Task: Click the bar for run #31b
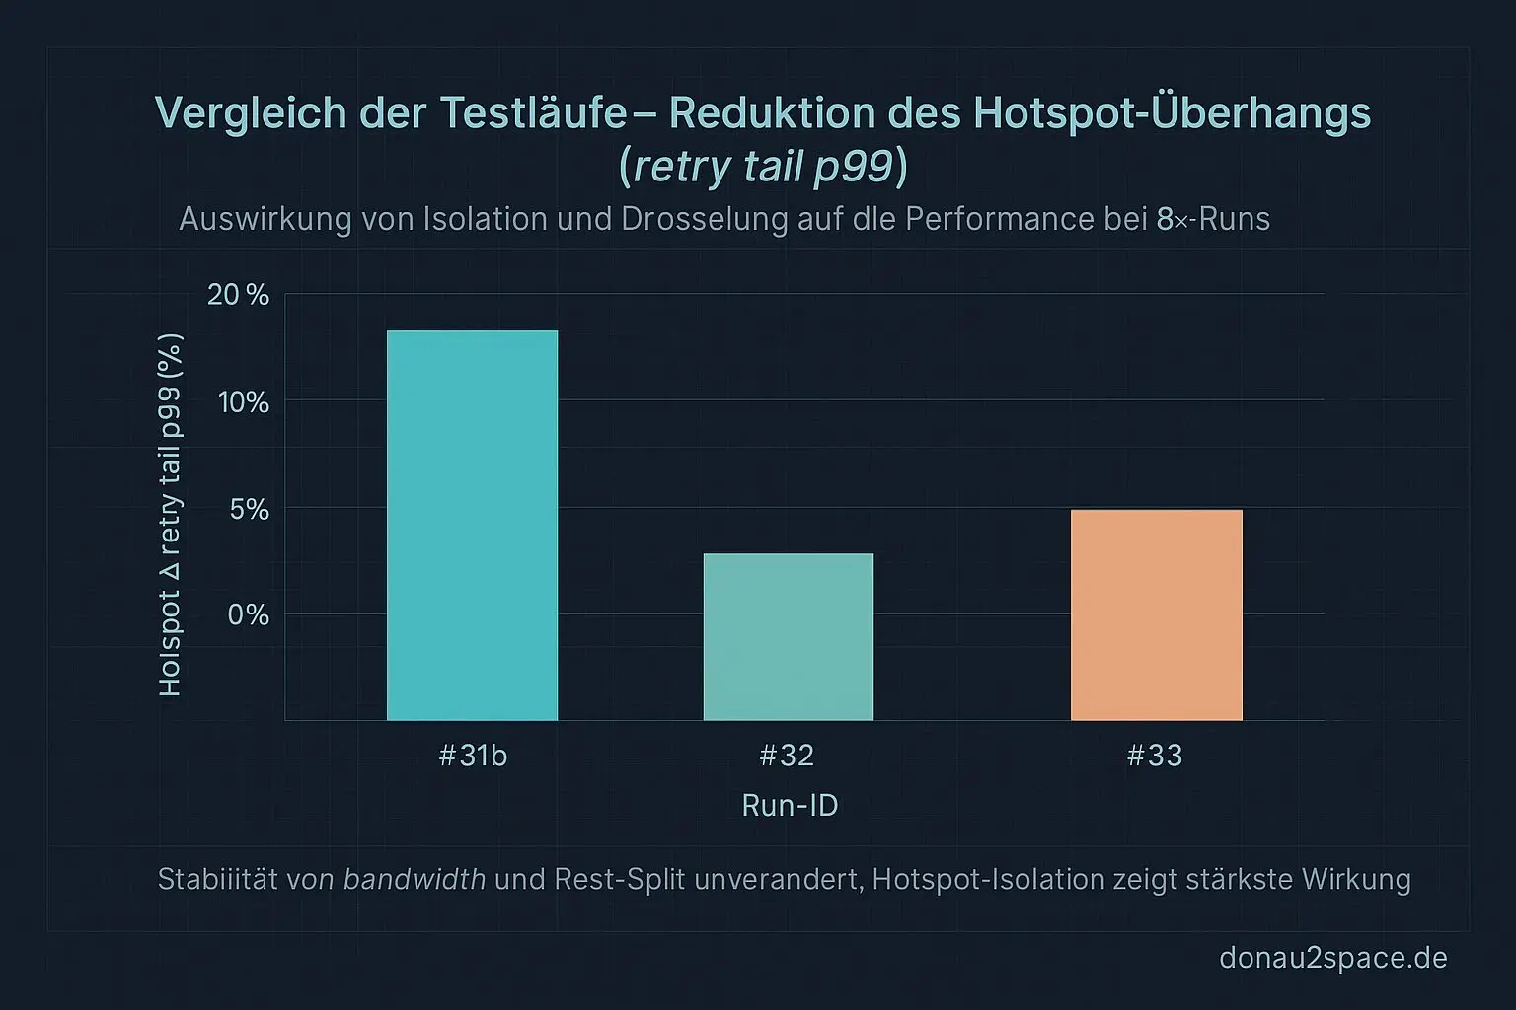[x=472, y=525]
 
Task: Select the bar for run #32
[x=788, y=636]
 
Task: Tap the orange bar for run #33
[x=1156, y=614]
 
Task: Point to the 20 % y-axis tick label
[x=238, y=295]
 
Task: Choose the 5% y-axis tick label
[x=249, y=509]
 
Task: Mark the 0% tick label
[x=249, y=614]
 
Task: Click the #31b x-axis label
[x=473, y=756]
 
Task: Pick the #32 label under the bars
[x=787, y=756]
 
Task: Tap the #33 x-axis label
[x=1155, y=756]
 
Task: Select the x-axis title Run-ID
[x=790, y=806]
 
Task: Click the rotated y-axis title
[x=170, y=515]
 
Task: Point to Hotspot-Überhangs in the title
[x=1173, y=113]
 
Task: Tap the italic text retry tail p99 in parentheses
[x=763, y=167]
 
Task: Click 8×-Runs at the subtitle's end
[x=1213, y=219]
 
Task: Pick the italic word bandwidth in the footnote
[x=415, y=879]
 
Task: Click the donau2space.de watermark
[x=1332, y=958]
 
